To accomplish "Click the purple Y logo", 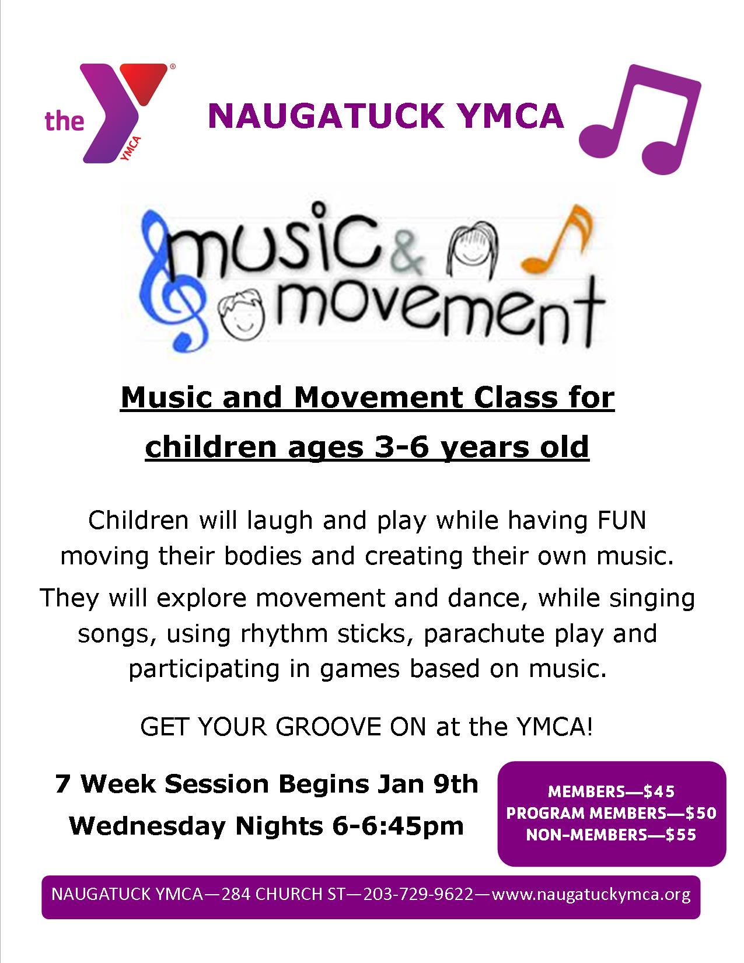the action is point(115,113).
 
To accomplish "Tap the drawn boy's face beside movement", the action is point(242,310).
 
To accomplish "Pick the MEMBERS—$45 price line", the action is point(611,791).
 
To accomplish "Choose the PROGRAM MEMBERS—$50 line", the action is point(611,813).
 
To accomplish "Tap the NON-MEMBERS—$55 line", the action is point(611,835).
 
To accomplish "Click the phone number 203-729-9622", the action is point(419,894).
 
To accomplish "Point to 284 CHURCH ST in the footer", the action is point(282,894).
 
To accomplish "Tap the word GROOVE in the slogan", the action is point(329,727).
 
